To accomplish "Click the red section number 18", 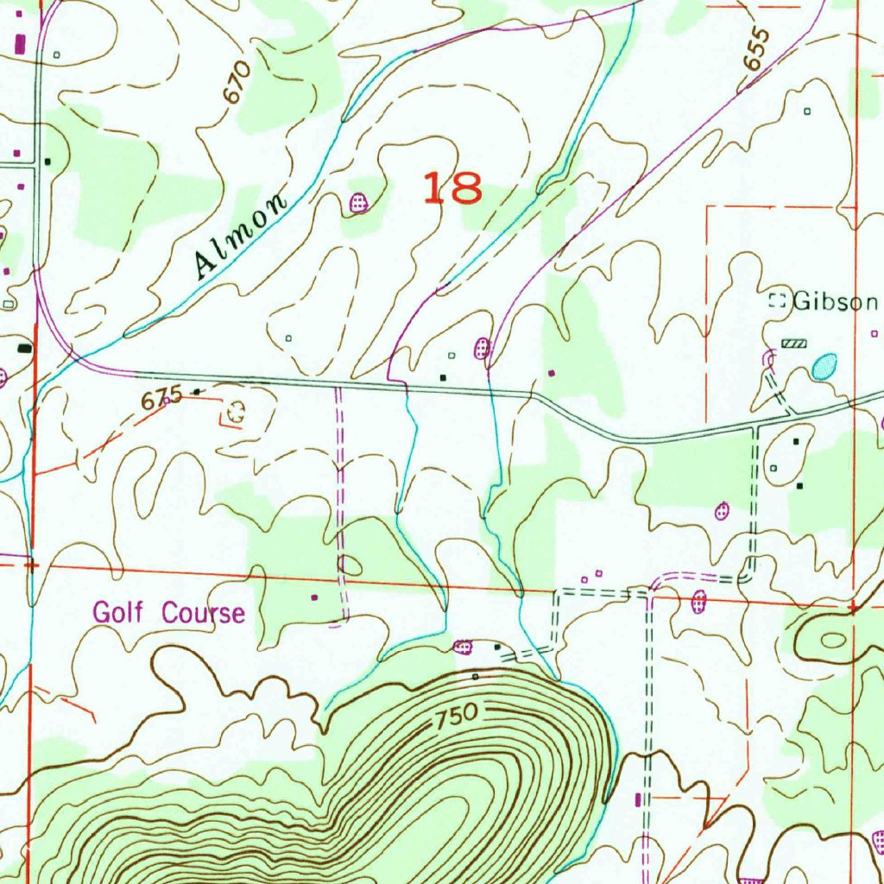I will pyautogui.click(x=451, y=187).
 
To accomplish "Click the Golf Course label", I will pyautogui.click(x=169, y=614).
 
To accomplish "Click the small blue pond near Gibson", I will pyautogui.click(x=824, y=367).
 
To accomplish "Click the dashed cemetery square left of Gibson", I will pyautogui.click(x=778, y=301).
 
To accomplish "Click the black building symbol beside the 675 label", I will pyautogui.click(x=197, y=392).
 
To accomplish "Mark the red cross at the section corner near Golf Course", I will pyautogui.click(x=31, y=565).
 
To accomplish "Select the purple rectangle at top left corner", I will pyautogui.click(x=21, y=41).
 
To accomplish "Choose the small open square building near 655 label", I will pyautogui.click(x=807, y=111).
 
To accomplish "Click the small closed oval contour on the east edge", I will pyautogui.click(x=834, y=641).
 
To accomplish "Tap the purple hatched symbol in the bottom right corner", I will pyautogui.click(x=878, y=838).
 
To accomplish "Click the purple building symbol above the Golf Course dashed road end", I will pyautogui.click(x=313, y=596).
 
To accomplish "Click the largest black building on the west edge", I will pyautogui.click(x=24, y=348).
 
